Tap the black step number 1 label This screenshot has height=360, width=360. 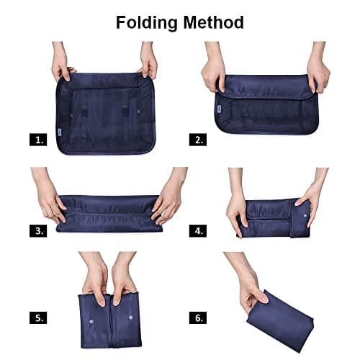38,140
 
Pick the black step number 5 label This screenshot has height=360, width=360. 38,317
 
